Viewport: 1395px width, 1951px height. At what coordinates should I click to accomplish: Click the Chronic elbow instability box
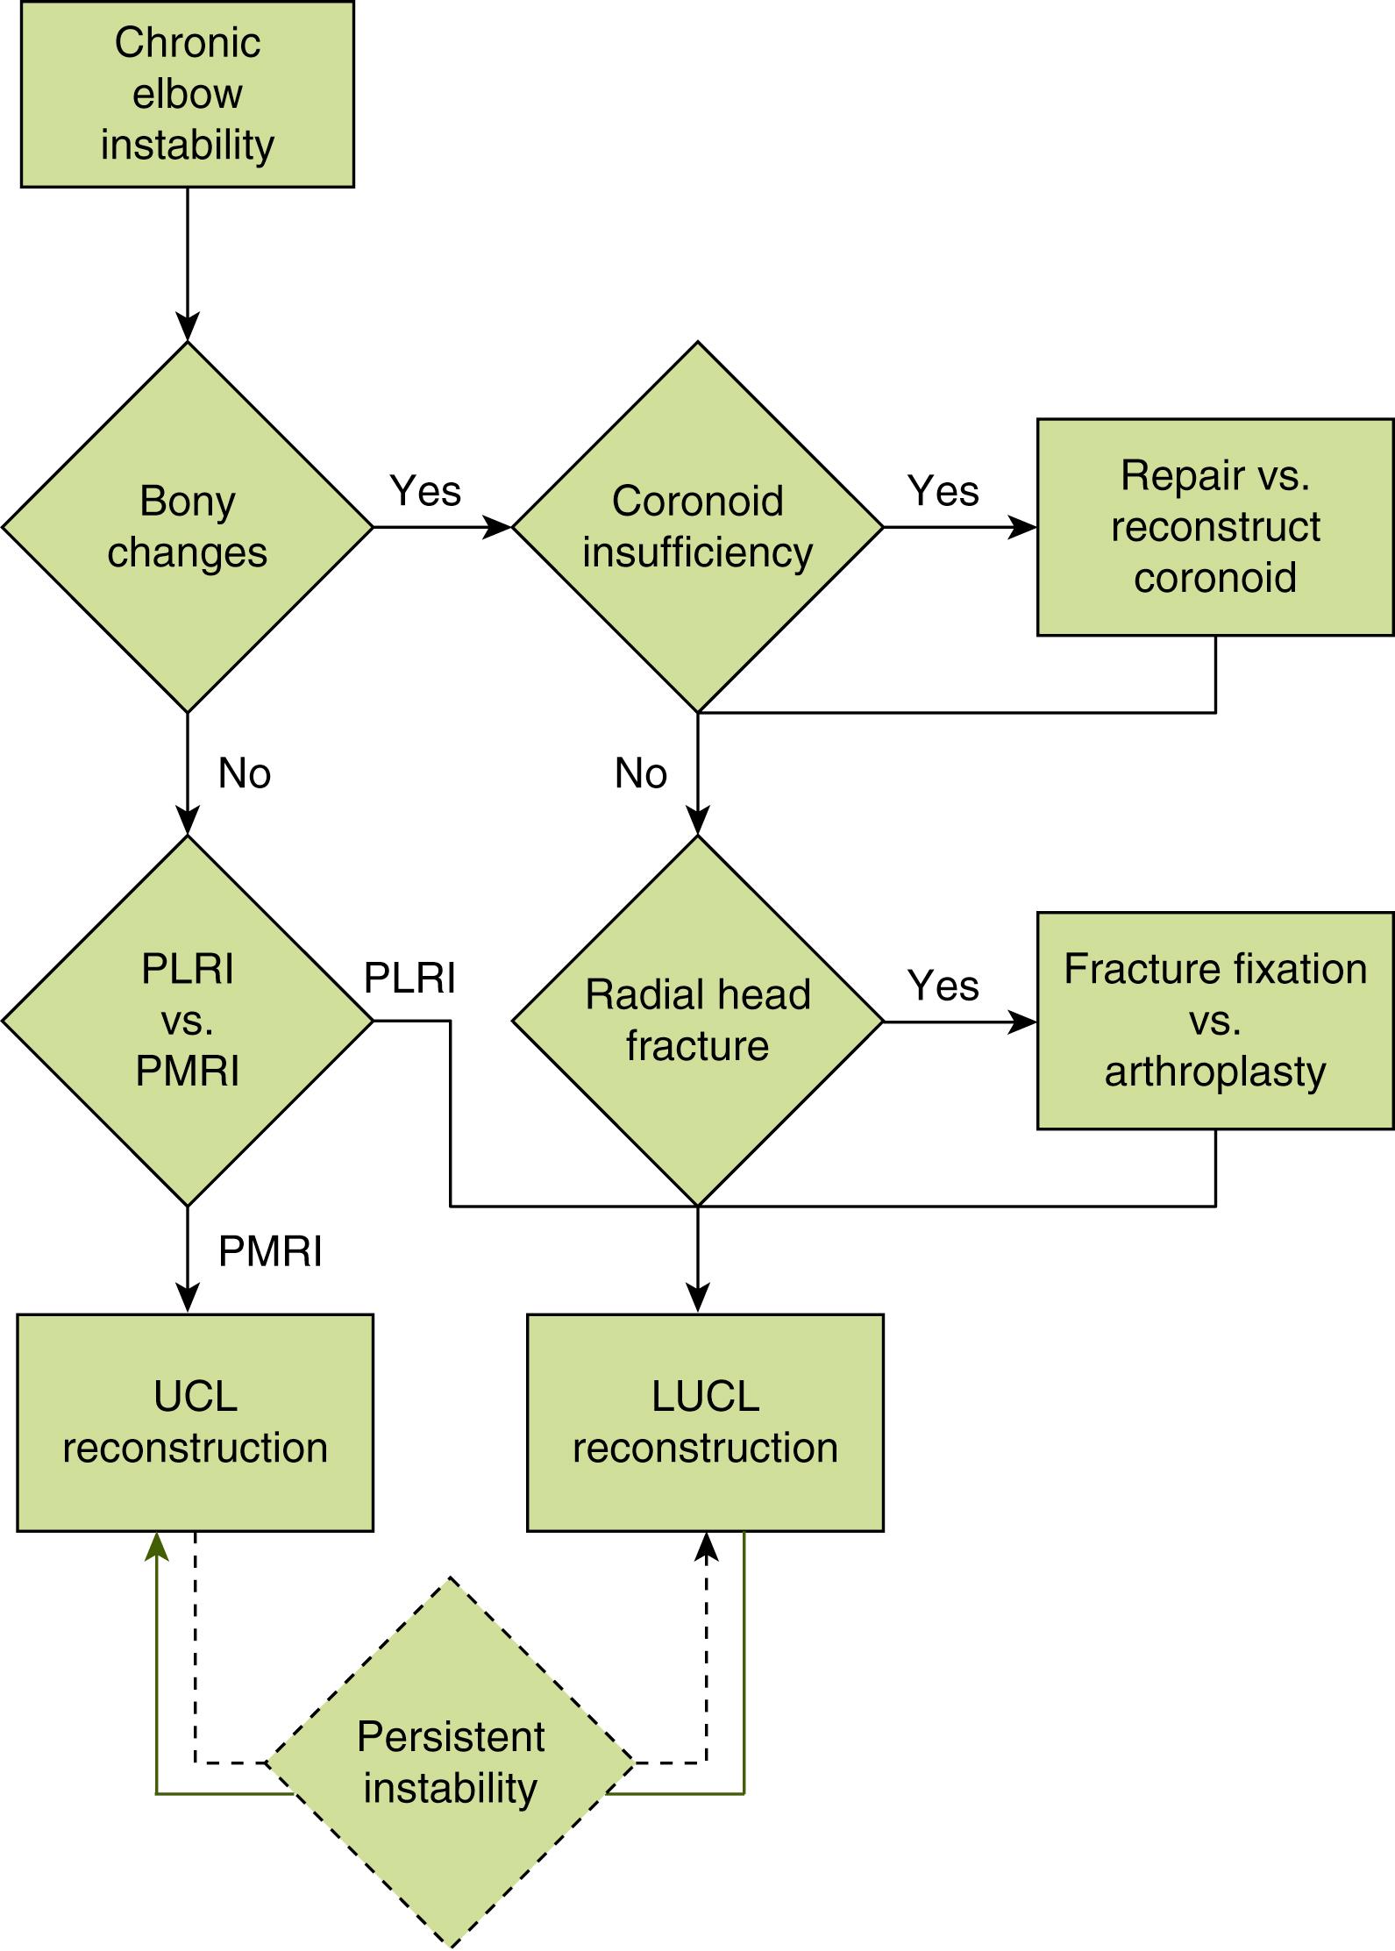point(187,94)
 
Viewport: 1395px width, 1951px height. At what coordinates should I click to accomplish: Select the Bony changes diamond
point(187,526)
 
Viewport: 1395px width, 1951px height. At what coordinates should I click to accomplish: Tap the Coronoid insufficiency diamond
point(697,526)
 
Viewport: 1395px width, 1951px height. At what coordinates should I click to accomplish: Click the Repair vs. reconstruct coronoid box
point(1214,526)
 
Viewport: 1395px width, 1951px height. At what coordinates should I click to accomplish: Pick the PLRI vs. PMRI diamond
point(187,1020)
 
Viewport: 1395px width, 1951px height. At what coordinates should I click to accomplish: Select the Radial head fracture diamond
point(697,1020)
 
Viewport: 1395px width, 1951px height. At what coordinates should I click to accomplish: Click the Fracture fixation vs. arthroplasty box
point(1214,1020)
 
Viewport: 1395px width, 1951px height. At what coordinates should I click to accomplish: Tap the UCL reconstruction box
point(195,1421)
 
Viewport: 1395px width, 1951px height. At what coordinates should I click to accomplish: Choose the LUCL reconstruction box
point(705,1421)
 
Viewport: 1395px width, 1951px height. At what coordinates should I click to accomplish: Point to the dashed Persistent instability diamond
point(450,1762)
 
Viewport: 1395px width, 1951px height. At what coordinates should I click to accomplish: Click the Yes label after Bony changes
point(425,490)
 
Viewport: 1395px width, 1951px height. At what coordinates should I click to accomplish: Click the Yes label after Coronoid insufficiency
point(943,490)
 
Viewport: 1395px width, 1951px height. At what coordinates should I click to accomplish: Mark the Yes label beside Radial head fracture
point(943,985)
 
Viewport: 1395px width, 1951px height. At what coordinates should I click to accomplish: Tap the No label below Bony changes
point(244,773)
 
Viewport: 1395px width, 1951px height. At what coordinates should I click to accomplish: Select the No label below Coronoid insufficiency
point(640,773)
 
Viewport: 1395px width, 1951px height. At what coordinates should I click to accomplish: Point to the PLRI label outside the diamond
point(409,978)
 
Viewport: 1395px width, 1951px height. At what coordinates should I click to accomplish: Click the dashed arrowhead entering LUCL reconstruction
point(706,1547)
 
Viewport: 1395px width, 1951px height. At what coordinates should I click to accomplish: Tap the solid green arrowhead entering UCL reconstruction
point(156,1547)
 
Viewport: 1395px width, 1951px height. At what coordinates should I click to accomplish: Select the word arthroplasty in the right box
point(1214,1072)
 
